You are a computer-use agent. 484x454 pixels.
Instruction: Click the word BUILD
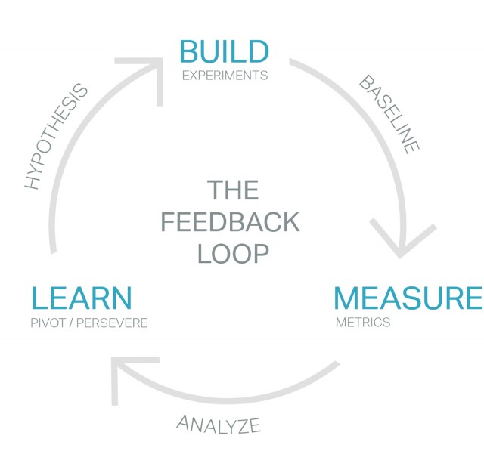(x=224, y=52)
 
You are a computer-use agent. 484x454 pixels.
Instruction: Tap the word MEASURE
(x=408, y=298)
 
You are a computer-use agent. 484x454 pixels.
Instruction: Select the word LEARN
(x=82, y=298)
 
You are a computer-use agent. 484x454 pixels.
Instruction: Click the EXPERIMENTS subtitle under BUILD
(x=225, y=76)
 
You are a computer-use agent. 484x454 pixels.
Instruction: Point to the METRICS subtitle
(x=363, y=322)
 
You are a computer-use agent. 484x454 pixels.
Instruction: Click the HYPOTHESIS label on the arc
(x=56, y=137)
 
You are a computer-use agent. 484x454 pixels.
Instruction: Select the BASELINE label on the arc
(x=388, y=114)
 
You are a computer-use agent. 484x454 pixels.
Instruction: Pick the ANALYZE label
(x=219, y=424)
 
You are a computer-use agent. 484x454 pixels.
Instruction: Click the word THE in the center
(x=233, y=190)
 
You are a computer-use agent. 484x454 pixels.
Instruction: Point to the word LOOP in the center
(x=233, y=254)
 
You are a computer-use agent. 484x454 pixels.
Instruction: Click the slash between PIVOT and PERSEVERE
(x=70, y=323)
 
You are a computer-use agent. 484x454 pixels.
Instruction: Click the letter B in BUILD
(x=190, y=52)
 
